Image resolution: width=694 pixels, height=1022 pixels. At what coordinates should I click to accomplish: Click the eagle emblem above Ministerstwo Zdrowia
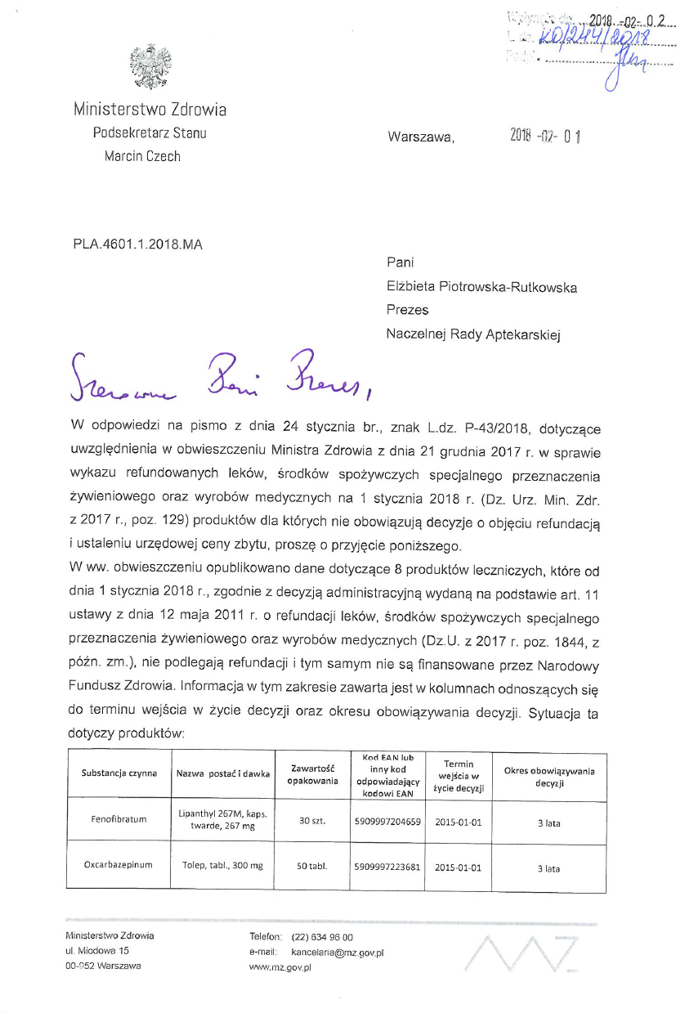[x=150, y=68]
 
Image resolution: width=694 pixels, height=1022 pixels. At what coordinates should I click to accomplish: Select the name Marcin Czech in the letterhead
[x=142, y=156]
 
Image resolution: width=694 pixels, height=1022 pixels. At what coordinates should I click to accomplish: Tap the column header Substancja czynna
[x=119, y=773]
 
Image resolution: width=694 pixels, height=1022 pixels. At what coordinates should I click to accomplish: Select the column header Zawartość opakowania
[x=312, y=773]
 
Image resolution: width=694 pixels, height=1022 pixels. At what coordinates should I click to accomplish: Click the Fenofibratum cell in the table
[x=119, y=819]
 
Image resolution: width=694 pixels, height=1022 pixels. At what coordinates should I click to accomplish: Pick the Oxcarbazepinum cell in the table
[x=119, y=864]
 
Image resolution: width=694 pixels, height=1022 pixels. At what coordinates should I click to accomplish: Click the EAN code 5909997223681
[x=388, y=865]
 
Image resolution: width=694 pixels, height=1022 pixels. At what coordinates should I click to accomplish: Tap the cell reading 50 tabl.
[x=312, y=865]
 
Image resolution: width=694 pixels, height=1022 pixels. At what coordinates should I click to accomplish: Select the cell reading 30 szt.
[x=312, y=820]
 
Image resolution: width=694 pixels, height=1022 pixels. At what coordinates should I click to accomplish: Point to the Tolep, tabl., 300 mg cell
[x=222, y=865]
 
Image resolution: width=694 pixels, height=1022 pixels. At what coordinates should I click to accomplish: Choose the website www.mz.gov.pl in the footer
[x=275, y=966]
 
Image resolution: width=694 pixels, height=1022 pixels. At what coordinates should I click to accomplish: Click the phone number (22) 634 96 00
[x=322, y=937]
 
